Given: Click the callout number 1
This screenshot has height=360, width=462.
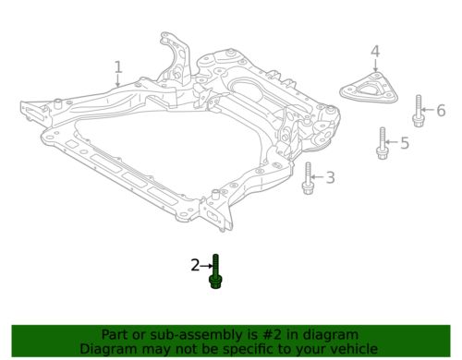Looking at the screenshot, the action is point(118,67).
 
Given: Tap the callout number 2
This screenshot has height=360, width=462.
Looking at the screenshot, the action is point(195,266).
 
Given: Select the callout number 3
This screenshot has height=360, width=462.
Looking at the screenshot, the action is point(331,177).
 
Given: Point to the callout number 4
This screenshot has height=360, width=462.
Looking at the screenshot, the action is point(375,51).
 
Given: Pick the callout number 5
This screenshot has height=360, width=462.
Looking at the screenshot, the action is point(404,142).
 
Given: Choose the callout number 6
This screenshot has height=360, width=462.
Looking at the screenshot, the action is point(441,111).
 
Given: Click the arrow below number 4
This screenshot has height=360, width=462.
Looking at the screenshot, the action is point(375,66).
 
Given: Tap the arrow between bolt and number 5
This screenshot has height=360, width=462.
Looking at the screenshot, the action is point(392,142).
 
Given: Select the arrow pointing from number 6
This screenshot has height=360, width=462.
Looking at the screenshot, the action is point(429,112).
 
